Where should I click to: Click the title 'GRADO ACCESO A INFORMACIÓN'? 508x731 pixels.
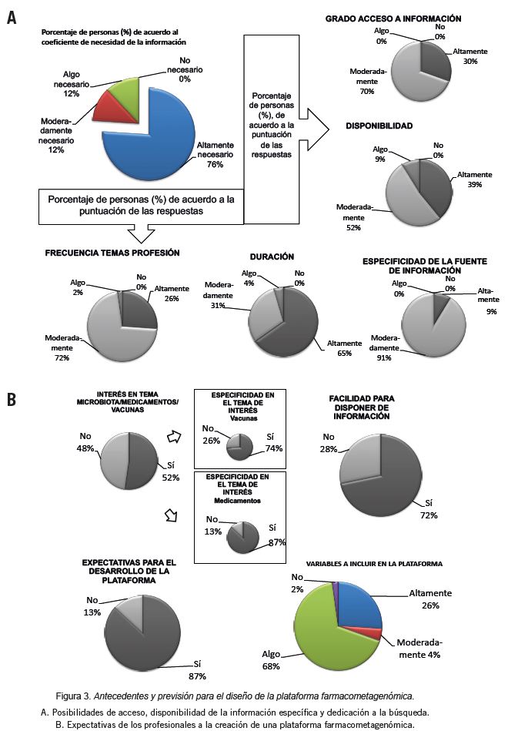(x=393, y=18)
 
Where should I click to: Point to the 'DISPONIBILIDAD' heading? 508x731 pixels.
(x=379, y=125)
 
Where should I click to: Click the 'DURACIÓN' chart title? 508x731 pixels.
(x=272, y=256)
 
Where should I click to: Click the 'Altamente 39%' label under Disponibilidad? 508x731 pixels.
(x=471, y=180)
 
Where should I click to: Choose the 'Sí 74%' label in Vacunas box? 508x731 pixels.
(x=273, y=444)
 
